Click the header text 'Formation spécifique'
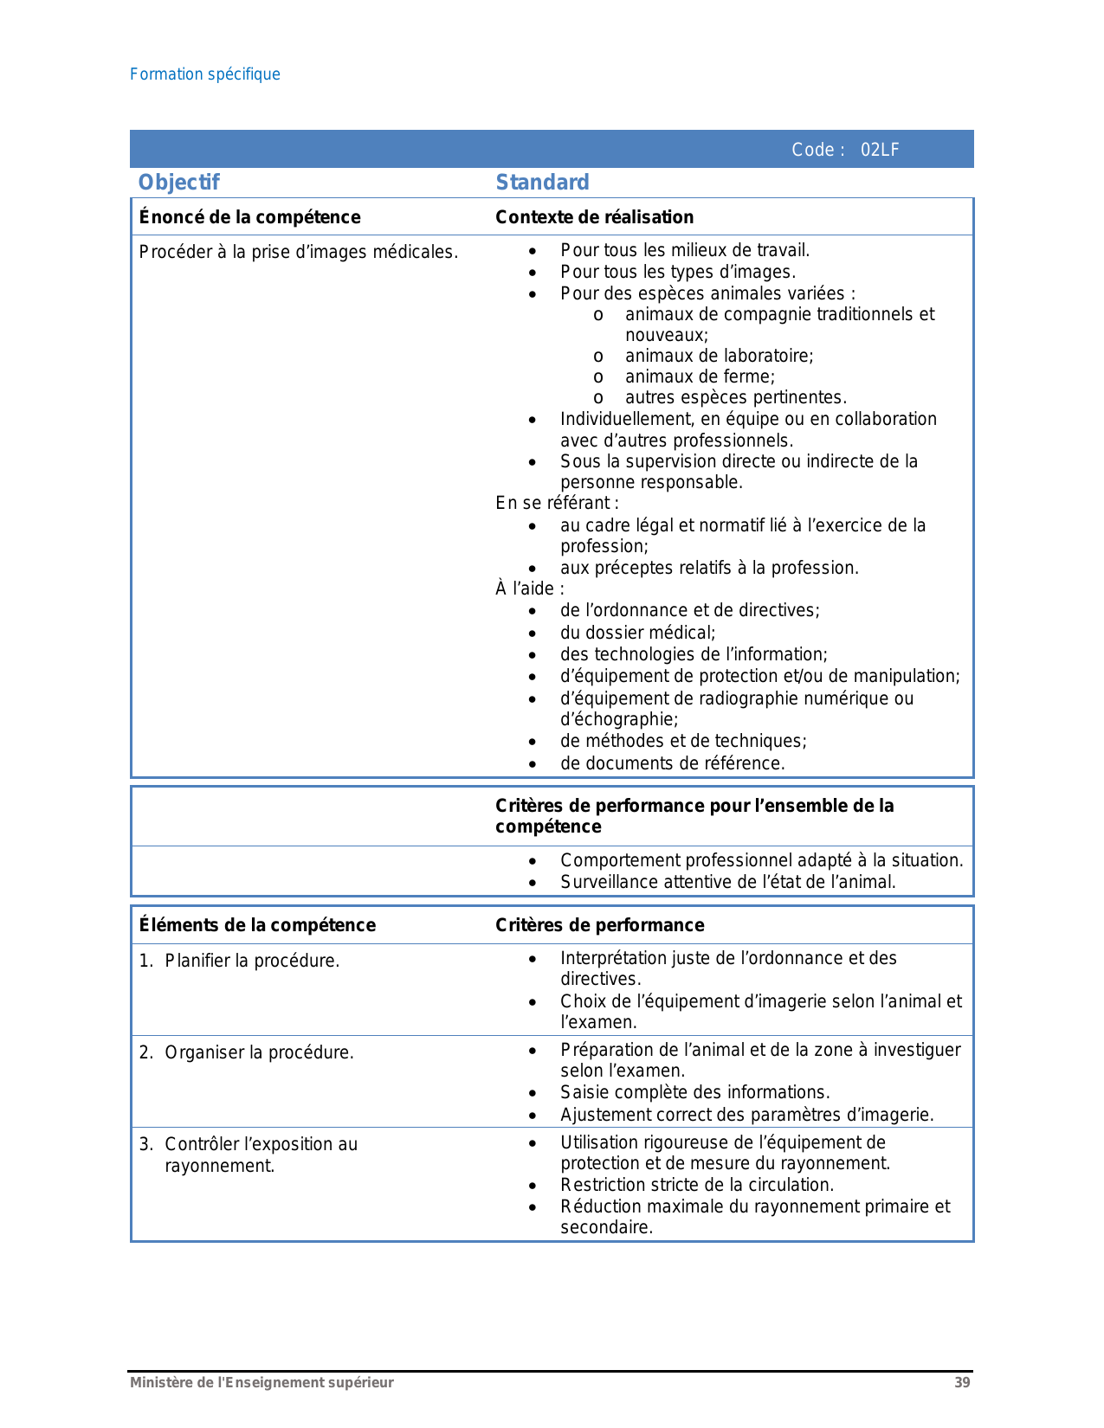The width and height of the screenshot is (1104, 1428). pyautogui.click(x=205, y=74)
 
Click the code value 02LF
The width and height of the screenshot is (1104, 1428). pyautogui.click(x=880, y=150)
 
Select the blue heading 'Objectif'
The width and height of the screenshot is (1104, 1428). pyautogui.click(x=179, y=183)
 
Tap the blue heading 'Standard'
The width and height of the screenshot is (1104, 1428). pyautogui.click(x=542, y=183)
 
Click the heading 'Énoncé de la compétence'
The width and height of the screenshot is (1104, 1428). pyautogui.click(x=249, y=217)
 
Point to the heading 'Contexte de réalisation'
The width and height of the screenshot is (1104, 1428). pyautogui.click(x=594, y=217)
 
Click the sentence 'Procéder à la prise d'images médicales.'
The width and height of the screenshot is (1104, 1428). pyautogui.click(x=298, y=253)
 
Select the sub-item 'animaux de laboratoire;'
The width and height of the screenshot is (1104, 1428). pyautogui.click(x=719, y=356)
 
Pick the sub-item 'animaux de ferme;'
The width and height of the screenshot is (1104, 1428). pyautogui.click(x=700, y=376)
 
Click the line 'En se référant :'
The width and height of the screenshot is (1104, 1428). pyautogui.click(x=557, y=503)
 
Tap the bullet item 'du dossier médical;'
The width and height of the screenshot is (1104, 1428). pyautogui.click(x=637, y=633)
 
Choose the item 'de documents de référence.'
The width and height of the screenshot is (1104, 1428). pyautogui.click(x=672, y=763)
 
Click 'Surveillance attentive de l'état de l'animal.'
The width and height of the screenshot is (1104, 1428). pyautogui.click(x=727, y=882)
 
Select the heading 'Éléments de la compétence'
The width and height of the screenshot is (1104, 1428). pyautogui.click(x=257, y=925)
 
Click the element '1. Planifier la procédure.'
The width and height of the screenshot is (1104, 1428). pyautogui.click(x=240, y=961)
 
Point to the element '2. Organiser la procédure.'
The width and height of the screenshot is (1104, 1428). pyautogui.click(x=247, y=1052)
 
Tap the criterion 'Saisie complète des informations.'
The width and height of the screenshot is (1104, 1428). pyautogui.click(x=694, y=1092)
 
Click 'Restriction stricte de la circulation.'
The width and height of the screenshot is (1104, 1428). pyautogui.click(x=697, y=1185)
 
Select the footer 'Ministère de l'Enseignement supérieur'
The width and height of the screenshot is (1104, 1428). pyautogui.click(x=261, y=1383)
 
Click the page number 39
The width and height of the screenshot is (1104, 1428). pyautogui.click(x=962, y=1383)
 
